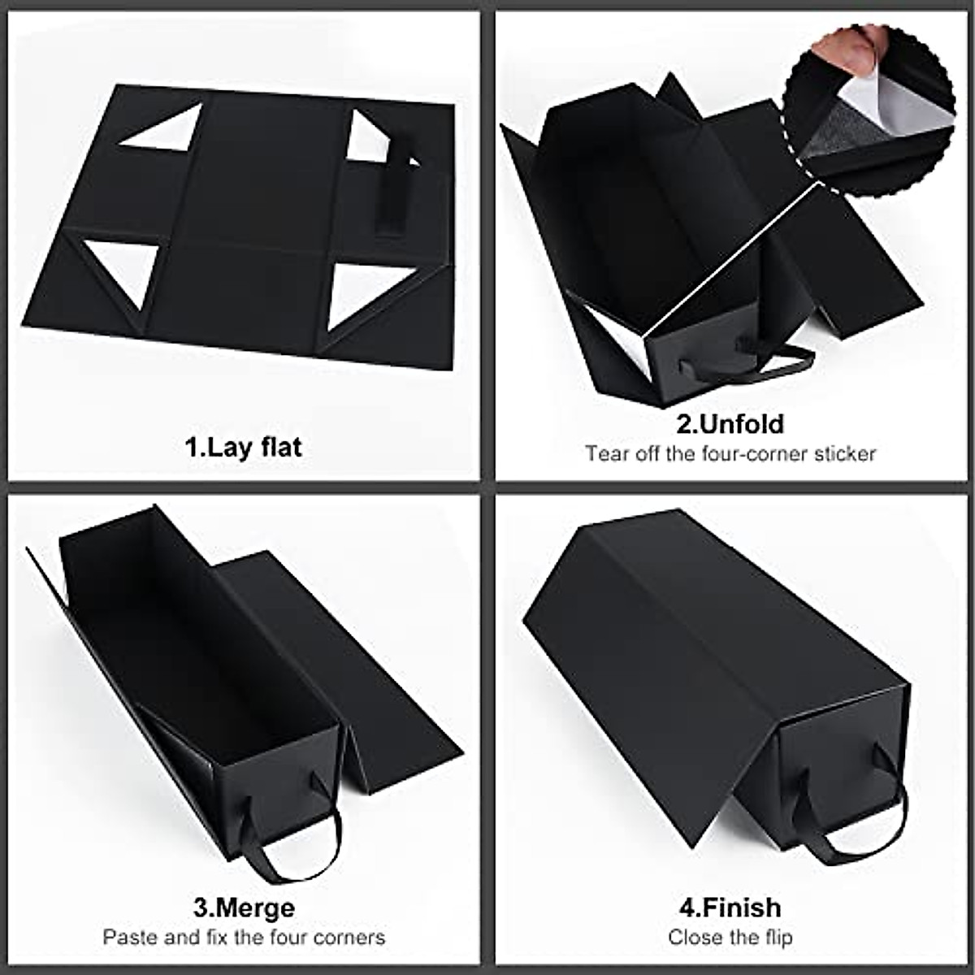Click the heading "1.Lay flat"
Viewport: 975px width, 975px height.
pyautogui.click(x=244, y=447)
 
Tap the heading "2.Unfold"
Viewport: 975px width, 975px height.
pyautogui.click(x=730, y=424)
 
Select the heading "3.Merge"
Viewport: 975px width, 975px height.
pyautogui.click(x=244, y=907)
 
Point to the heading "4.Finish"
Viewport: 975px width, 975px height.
pyautogui.click(x=730, y=907)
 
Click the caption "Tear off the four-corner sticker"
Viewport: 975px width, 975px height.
pyautogui.click(x=730, y=453)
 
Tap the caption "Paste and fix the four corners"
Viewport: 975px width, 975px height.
pyautogui.click(x=244, y=937)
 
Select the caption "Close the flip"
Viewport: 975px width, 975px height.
pyautogui.click(x=730, y=937)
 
